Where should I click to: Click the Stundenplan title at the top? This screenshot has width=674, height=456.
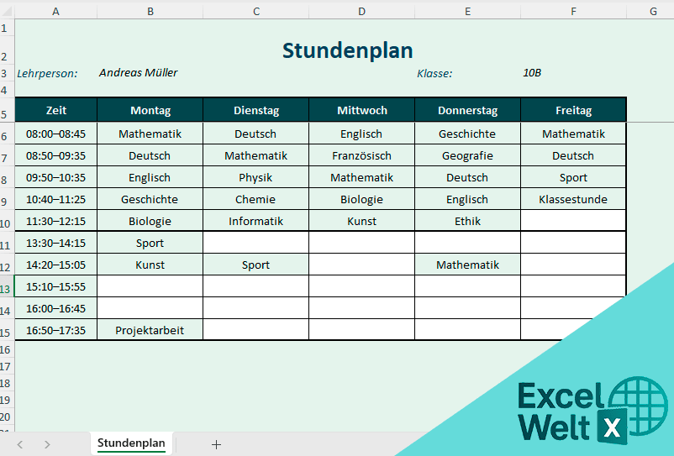pos(347,50)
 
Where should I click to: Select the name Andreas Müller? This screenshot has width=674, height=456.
pos(138,73)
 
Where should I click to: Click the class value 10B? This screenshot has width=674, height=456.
pos(531,73)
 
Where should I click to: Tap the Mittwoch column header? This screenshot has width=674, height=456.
pos(361,111)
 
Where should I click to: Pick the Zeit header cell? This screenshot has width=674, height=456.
pos(56,111)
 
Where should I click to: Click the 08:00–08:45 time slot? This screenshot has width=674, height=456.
pos(55,134)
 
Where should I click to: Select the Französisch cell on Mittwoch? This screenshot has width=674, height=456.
pos(361,155)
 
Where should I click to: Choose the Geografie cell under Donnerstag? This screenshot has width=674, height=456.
pos(467,155)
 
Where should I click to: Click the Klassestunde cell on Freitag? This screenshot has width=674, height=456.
pos(573,199)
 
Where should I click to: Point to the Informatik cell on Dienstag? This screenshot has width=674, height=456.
pos(255,221)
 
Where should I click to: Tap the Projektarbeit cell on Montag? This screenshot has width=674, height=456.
pos(150,330)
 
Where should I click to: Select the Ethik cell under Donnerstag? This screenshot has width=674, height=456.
pos(467,221)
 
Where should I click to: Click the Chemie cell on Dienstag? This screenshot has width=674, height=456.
pos(255,199)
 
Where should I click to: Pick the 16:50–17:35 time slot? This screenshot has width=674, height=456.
pos(55,330)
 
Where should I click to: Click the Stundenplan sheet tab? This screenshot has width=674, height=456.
pos(131,443)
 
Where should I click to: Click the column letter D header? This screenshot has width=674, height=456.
pos(361,11)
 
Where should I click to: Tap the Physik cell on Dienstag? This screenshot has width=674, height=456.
pos(255,177)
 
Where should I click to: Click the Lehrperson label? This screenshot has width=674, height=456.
pos(47,73)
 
